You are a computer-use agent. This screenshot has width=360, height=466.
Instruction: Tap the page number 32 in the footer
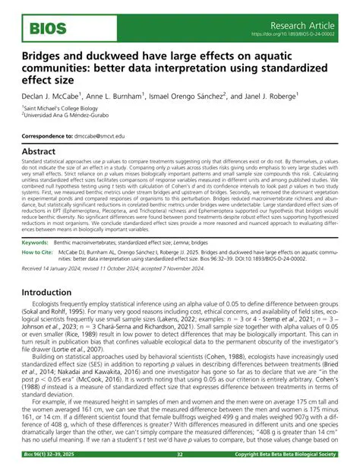pyautogui.click(x=180, y=456)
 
